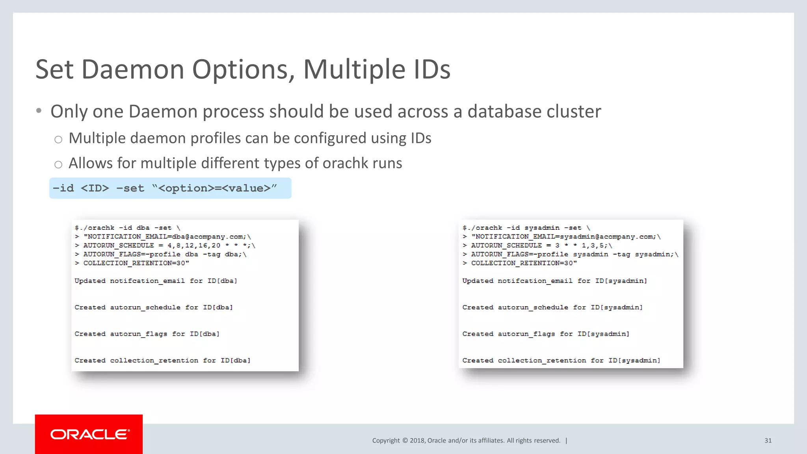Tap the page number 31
click(x=768, y=441)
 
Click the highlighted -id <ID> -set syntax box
click(x=170, y=188)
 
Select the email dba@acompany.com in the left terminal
click(x=208, y=237)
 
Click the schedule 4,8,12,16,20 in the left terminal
click(x=194, y=246)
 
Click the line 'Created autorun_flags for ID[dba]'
click(x=147, y=334)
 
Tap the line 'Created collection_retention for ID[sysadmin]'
click(x=561, y=360)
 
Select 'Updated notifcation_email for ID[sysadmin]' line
click(x=554, y=281)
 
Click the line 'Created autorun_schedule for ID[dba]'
click(x=154, y=307)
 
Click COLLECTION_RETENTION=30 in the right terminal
click(x=524, y=263)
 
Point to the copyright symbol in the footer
click(x=405, y=441)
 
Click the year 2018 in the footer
click(x=417, y=441)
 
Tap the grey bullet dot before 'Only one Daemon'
click(x=39, y=111)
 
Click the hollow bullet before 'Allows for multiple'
click(x=58, y=164)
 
